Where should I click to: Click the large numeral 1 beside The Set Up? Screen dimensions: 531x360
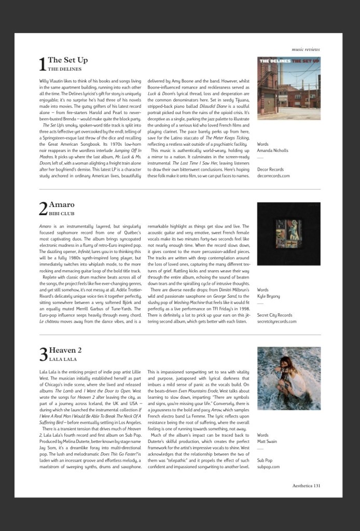point(43,64)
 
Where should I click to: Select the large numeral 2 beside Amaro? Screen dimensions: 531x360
point(43,208)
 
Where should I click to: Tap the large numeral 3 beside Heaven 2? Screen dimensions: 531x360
point(43,354)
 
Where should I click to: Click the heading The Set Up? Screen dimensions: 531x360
point(67,60)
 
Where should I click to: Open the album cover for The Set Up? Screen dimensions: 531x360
point(288,88)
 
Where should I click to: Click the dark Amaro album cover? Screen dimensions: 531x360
point(288,233)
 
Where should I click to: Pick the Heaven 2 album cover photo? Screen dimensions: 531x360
point(288,379)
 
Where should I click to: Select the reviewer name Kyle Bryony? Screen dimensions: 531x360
point(268,296)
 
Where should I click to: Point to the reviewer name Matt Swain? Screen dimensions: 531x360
point(268,441)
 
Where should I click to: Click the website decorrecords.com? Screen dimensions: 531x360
point(273,176)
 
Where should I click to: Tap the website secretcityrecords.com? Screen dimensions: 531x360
point(277,321)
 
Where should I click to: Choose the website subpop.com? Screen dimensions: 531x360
point(268,466)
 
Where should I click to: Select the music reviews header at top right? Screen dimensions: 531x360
point(306,49)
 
